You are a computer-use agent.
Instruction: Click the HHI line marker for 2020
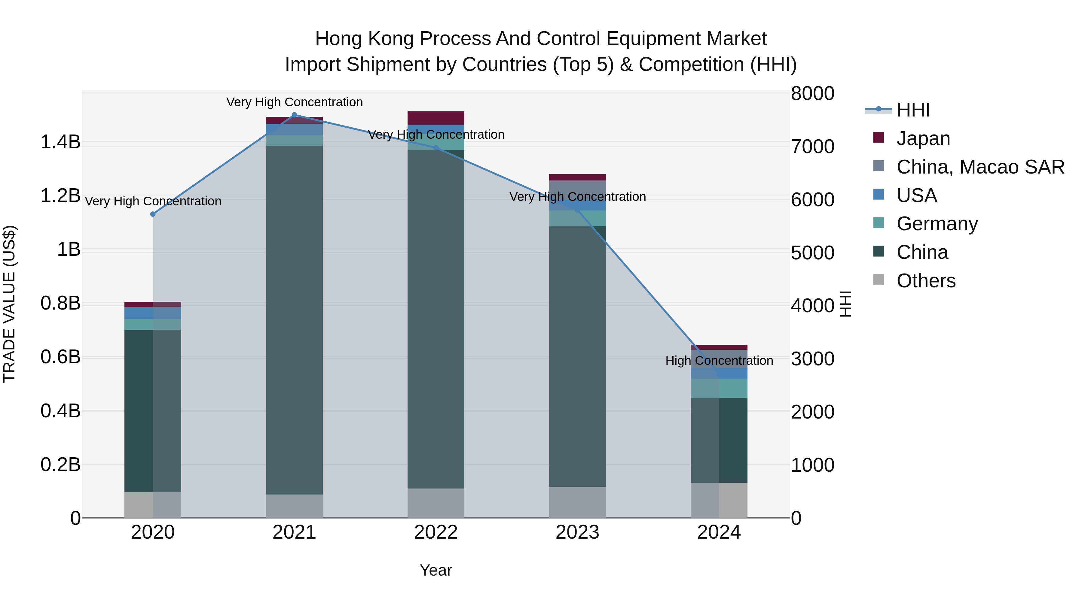153,214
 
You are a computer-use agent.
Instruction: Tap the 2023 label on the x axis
577,532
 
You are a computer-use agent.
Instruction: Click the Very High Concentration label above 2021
295,102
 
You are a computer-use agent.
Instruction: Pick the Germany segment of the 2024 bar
719,388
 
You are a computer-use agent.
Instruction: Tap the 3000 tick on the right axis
812,359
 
